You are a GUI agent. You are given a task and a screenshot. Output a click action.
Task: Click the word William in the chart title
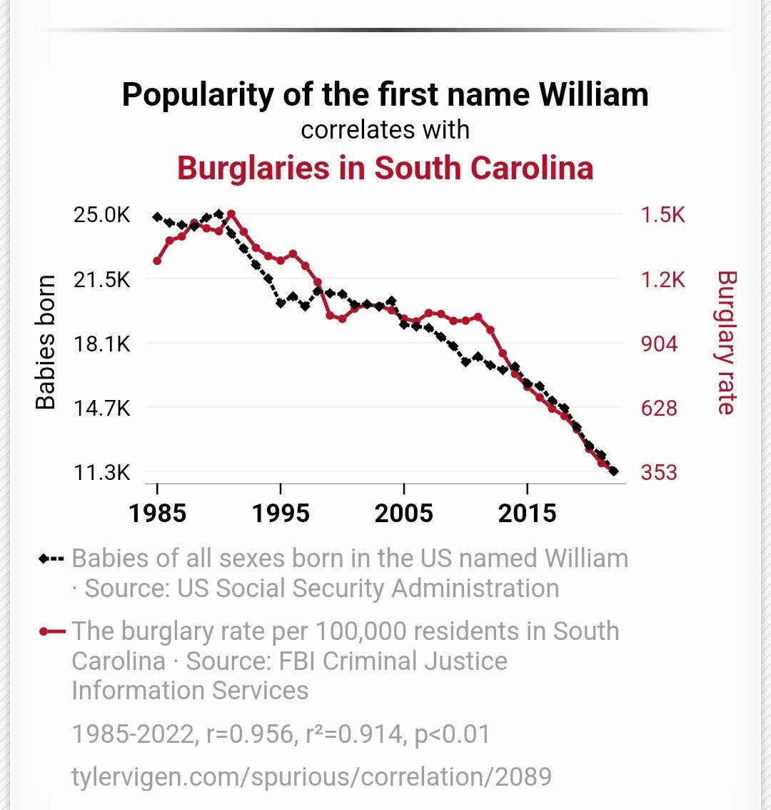pyautogui.click(x=593, y=95)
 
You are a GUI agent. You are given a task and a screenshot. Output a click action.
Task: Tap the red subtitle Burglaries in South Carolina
pyautogui.click(x=385, y=168)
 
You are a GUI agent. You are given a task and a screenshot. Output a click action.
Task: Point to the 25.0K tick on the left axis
pyautogui.click(x=102, y=214)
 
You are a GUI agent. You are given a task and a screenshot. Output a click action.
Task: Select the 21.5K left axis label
pyautogui.click(x=102, y=279)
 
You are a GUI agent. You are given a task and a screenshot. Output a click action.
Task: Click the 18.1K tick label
pyautogui.click(x=102, y=344)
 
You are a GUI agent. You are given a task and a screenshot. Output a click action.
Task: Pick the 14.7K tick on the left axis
pyautogui.click(x=102, y=409)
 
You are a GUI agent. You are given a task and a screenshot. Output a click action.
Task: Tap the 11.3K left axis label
pyautogui.click(x=102, y=473)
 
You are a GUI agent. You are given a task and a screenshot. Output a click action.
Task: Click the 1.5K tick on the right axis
pyautogui.click(x=662, y=214)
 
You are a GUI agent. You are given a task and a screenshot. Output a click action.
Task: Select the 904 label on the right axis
pyautogui.click(x=659, y=344)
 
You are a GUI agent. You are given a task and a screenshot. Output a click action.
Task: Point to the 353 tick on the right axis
pyautogui.click(x=659, y=473)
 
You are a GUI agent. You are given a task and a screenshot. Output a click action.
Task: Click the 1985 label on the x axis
pyautogui.click(x=157, y=513)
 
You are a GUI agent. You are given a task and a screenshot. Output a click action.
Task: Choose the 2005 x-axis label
pyautogui.click(x=404, y=513)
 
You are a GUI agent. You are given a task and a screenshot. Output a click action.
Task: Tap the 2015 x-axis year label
pyautogui.click(x=527, y=513)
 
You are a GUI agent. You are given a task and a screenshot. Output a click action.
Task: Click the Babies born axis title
pyautogui.click(x=46, y=342)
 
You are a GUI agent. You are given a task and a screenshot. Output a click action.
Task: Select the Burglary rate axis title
pyautogui.click(x=725, y=342)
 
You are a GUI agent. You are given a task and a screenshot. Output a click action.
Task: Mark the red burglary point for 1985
pyautogui.click(x=157, y=261)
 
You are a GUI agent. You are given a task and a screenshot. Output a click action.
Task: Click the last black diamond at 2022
pyautogui.click(x=614, y=471)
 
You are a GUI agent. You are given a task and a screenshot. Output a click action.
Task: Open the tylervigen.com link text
pyautogui.click(x=311, y=776)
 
